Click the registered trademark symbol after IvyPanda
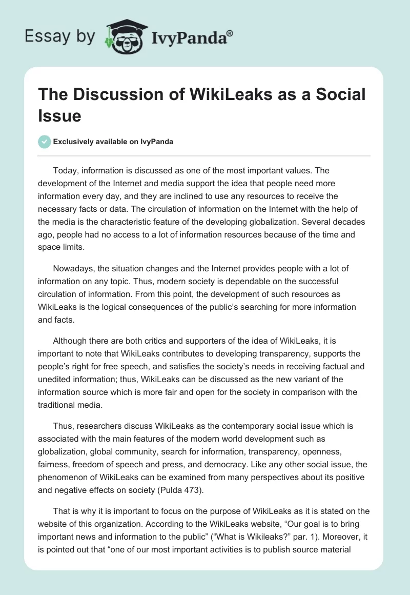(230, 34)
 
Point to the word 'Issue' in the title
(59, 115)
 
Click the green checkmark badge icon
(45, 142)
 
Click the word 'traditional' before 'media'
(60, 406)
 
